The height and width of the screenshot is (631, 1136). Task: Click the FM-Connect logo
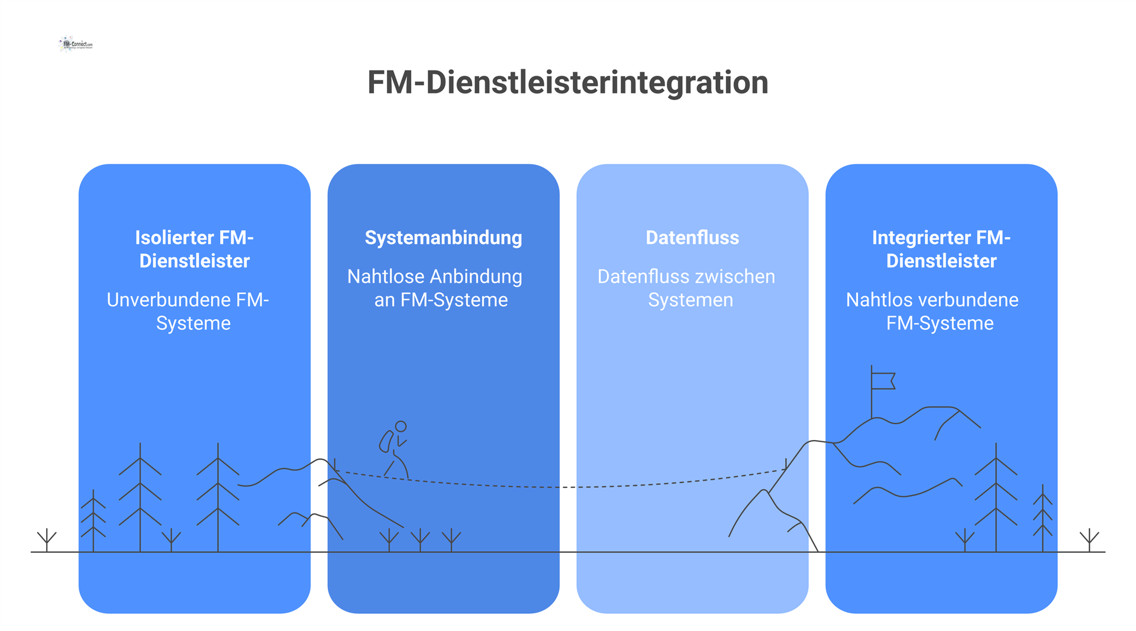[x=76, y=44]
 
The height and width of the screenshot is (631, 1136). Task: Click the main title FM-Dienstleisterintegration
[x=567, y=82]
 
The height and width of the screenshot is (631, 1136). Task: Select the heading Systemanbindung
[x=443, y=238]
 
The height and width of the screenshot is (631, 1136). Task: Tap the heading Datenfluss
[x=692, y=238]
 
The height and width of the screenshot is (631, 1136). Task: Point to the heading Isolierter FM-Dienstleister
[x=194, y=249]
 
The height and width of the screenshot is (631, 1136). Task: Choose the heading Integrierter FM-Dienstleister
[x=941, y=249]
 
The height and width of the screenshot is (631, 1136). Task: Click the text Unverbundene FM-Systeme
[x=188, y=311]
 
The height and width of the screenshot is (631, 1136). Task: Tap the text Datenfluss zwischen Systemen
[x=686, y=288]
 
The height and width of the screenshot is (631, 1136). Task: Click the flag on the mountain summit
[x=882, y=381]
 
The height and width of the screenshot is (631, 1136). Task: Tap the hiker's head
[x=401, y=426]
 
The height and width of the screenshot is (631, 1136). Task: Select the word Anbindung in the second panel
[x=476, y=277]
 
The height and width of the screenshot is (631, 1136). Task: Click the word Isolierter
[x=174, y=238]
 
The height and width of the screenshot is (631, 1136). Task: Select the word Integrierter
[x=921, y=238]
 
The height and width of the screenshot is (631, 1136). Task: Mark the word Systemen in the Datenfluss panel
[x=690, y=300]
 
